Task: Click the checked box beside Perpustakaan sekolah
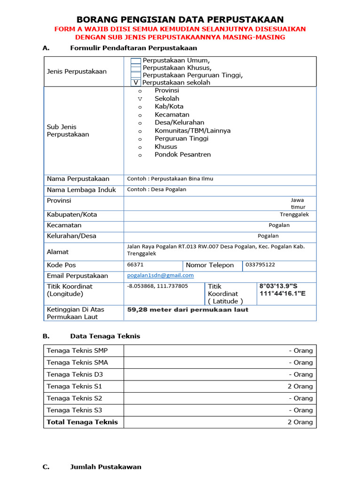coord(136,82)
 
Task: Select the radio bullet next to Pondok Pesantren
coord(140,155)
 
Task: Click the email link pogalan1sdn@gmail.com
coord(160,276)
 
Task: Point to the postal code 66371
coord(135,265)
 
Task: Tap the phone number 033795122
coord(260,265)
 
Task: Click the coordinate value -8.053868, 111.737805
coord(157,286)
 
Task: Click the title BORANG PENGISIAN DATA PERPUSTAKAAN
coord(180,19)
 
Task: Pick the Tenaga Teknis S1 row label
coord(74,386)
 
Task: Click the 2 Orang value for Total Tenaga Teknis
coord(300,422)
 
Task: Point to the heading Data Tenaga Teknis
coord(105,336)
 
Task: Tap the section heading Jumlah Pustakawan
coord(105,467)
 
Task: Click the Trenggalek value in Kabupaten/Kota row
coord(294,215)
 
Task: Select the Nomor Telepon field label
coord(210,265)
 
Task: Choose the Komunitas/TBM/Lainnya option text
coord(192,131)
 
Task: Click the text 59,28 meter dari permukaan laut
coord(188,310)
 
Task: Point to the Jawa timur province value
coord(298,203)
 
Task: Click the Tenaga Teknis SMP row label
coord(77,350)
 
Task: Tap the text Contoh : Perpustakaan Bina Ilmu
coord(170,179)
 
